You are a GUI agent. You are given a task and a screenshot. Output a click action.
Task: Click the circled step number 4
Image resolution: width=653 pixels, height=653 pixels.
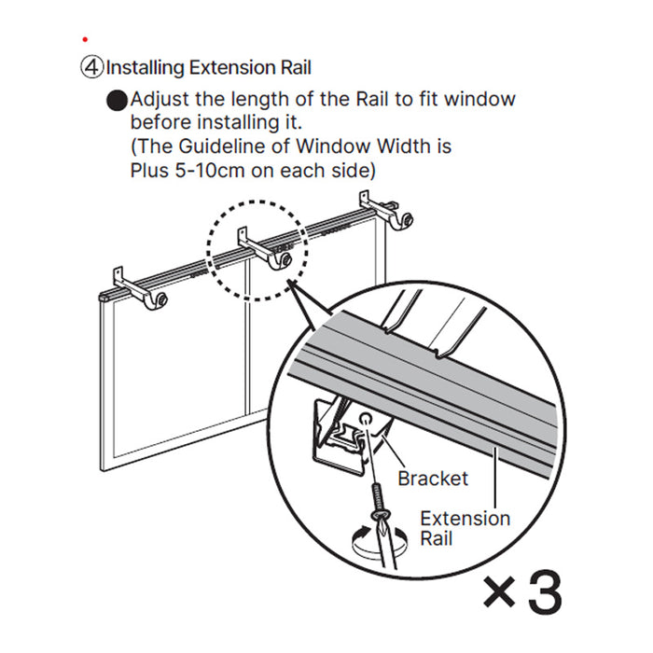point(91,68)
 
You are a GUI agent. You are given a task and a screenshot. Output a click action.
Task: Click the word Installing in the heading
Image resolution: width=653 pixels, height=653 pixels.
point(145,68)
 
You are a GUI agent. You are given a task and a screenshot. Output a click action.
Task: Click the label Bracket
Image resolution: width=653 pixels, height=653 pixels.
point(433,479)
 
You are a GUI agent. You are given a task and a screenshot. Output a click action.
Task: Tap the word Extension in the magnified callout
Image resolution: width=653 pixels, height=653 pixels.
point(465,518)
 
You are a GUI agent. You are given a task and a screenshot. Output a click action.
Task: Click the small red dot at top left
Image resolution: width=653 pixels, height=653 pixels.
point(85,39)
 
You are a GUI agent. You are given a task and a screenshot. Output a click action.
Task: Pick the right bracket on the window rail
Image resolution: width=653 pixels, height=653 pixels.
point(382,214)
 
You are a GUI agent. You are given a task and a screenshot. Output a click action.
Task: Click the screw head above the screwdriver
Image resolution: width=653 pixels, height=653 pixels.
point(382,513)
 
